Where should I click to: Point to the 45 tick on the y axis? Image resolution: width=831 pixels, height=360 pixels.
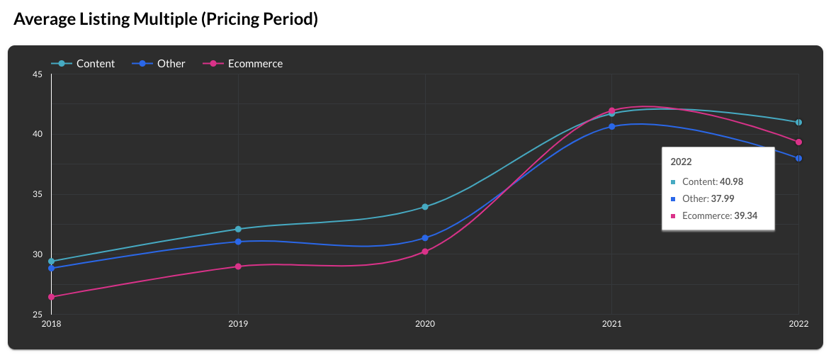pos(38,74)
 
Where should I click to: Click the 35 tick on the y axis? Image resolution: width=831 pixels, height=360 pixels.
pos(38,195)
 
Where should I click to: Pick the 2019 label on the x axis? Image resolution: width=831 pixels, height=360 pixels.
pos(238,323)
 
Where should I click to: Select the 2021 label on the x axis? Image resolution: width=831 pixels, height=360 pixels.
pos(611,323)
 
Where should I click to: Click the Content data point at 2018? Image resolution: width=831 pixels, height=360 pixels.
pos(51,261)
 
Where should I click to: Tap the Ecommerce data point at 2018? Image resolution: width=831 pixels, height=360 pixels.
pos(51,297)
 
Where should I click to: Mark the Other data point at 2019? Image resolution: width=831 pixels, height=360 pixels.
pos(238,242)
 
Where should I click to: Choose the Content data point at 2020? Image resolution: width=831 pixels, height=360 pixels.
pos(425,207)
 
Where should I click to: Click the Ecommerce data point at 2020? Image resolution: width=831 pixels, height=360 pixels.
pos(425,252)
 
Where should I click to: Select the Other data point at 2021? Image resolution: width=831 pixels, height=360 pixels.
pos(612,126)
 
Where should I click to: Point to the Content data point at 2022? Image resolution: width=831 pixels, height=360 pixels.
pos(798,123)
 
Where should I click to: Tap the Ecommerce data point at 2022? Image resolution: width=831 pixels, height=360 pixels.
pos(798,142)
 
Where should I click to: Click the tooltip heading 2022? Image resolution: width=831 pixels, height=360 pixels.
pos(681,162)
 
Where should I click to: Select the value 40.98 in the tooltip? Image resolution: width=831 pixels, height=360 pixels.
pos(731,182)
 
